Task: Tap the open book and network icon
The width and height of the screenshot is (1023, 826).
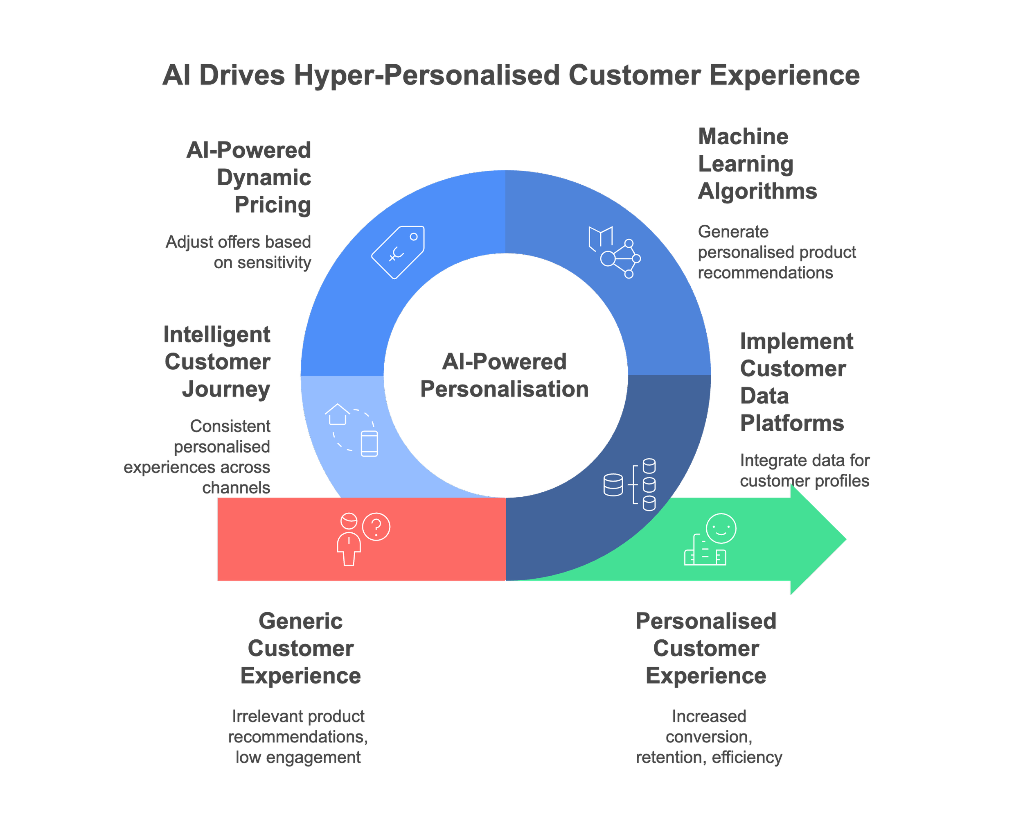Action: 614,252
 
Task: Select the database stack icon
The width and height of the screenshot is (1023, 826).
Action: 629,484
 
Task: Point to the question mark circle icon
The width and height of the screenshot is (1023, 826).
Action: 376,527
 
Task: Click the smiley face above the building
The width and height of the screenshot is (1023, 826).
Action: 721,528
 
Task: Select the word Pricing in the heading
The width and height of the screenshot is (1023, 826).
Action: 273,205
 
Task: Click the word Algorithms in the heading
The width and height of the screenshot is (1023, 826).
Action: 757,191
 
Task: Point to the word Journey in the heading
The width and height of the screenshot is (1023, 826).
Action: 226,389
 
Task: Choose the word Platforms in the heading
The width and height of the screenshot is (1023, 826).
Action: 791,423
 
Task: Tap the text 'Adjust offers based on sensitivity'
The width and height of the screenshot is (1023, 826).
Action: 239,252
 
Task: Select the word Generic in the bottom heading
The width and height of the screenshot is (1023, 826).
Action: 300,621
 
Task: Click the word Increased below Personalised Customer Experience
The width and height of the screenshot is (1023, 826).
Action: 709,716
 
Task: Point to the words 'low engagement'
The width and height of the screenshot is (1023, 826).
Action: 298,757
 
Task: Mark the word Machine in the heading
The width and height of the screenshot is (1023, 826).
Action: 743,136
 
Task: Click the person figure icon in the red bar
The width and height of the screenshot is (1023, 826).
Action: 349,540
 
